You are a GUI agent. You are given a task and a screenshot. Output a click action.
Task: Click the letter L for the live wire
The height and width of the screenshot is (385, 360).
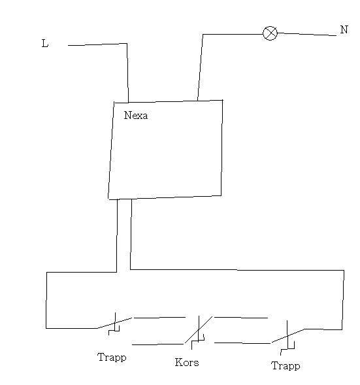click(x=45, y=43)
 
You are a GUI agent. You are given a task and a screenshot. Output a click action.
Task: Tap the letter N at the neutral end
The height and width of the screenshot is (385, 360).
click(x=344, y=29)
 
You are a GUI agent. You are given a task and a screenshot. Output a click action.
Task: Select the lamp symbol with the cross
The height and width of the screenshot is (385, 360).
click(x=270, y=33)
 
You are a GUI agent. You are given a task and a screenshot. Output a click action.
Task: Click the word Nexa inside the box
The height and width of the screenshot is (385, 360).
click(x=136, y=115)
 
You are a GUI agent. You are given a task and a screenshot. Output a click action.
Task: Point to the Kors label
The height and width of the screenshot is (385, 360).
click(x=187, y=362)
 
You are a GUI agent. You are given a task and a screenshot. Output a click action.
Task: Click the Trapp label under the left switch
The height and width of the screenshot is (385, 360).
click(x=112, y=358)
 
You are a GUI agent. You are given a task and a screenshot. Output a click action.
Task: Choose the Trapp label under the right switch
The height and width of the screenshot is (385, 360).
click(x=286, y=366)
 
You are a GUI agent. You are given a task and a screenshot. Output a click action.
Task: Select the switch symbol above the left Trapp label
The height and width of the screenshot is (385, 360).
click(x=114, y=324)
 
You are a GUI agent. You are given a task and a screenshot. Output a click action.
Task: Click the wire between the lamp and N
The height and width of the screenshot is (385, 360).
click(x=306, y=34)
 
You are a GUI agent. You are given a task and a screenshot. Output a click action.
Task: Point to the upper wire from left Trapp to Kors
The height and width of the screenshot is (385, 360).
click(x=159, y=318)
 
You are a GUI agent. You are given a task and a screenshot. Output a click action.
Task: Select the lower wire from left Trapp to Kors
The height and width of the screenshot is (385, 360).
click(x=158, y=344)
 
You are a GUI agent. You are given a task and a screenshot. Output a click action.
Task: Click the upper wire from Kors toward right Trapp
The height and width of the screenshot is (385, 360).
click(x=241, y=318)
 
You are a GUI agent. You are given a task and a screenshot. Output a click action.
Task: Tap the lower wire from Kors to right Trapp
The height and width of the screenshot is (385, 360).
click(x=242, y=343)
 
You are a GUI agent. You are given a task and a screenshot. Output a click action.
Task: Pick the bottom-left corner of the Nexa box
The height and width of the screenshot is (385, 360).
click(x=108, y=199)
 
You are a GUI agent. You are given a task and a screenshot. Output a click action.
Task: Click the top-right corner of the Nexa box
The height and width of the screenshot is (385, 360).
click(x=223, y=100)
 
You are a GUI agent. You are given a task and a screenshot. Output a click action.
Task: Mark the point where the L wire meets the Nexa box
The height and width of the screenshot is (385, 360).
click(x=128, y=102)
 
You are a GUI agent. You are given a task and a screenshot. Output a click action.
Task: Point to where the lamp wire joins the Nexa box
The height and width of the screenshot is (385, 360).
click(x=197, y=101)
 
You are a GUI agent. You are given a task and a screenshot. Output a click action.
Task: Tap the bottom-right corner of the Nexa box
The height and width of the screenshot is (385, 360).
click(x=221, y=195)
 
